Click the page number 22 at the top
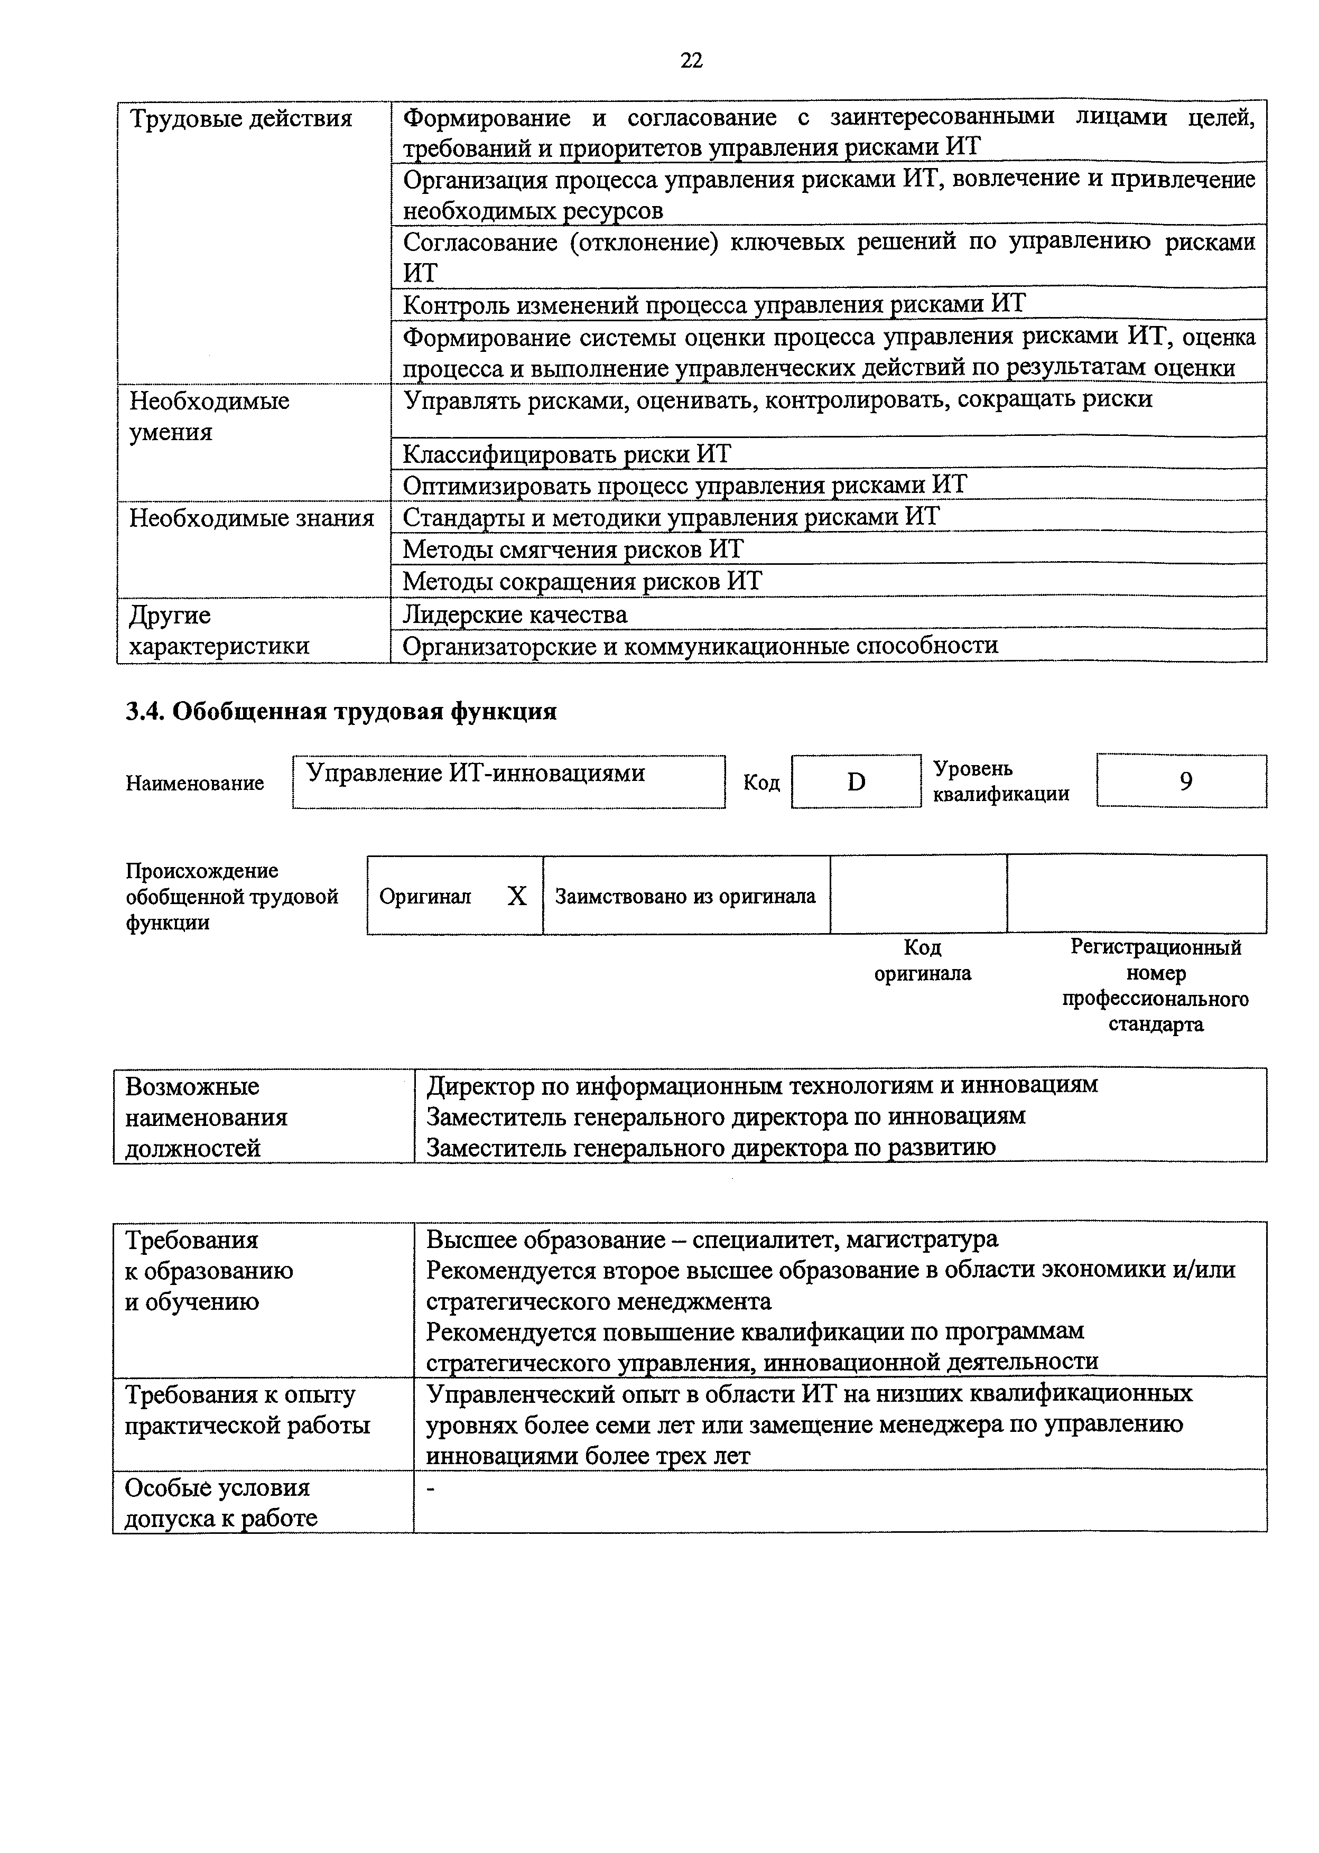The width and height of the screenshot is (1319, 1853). pos(691,60)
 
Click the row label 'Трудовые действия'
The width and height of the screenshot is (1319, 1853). pos(241,119)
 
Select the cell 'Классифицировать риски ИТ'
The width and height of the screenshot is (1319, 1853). pos(567,453)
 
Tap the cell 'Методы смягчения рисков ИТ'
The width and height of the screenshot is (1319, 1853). pos(573,549)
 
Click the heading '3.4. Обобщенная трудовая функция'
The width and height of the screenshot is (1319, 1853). pos(341,711)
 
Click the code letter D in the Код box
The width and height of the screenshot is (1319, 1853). pos(856,781)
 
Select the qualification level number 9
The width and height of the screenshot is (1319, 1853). pos(1186,781)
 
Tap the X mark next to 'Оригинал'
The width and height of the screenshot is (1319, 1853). pos(516,896)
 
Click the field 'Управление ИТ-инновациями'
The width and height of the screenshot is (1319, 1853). pos(476,772)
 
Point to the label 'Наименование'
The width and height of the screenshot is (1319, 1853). pos(195,783)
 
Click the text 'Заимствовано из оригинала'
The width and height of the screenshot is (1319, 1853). pos(685,896)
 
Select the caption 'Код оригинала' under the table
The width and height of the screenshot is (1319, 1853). pos(923,960)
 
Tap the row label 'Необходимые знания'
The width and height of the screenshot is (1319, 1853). pos(252,517)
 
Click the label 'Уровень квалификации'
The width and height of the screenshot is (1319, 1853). pos(1001,781)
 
